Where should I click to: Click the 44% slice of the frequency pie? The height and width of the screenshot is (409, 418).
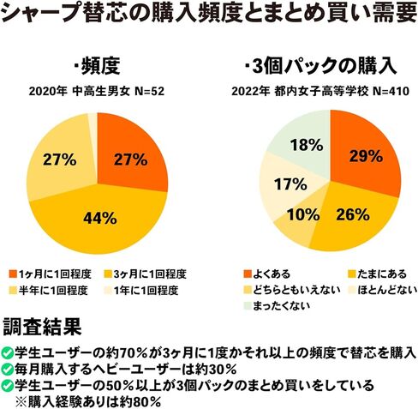100,226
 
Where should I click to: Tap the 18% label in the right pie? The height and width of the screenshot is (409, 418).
307,145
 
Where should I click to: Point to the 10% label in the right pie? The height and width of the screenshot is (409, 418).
303,214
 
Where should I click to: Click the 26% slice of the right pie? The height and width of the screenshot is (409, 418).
354,220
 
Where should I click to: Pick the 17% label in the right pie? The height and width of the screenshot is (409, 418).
290,184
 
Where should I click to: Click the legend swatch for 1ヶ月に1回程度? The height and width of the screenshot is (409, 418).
13,274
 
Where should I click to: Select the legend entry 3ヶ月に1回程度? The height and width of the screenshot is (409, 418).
146,274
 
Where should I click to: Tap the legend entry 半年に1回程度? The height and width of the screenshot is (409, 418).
49,291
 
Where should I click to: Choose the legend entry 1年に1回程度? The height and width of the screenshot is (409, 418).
141,291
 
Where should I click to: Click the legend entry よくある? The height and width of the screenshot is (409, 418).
267,274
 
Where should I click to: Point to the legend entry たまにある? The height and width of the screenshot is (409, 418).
377,274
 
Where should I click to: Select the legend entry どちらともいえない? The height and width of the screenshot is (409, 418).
292,290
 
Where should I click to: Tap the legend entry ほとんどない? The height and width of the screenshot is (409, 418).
383,290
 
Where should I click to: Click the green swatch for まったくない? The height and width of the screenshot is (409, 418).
248,306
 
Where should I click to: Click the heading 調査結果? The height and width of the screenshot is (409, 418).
42,327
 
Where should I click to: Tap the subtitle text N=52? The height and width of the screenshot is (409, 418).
149,92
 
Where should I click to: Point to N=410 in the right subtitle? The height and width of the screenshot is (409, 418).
391,92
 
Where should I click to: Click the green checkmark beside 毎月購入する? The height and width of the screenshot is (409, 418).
7,370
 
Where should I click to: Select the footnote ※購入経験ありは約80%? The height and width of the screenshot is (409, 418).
88,402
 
